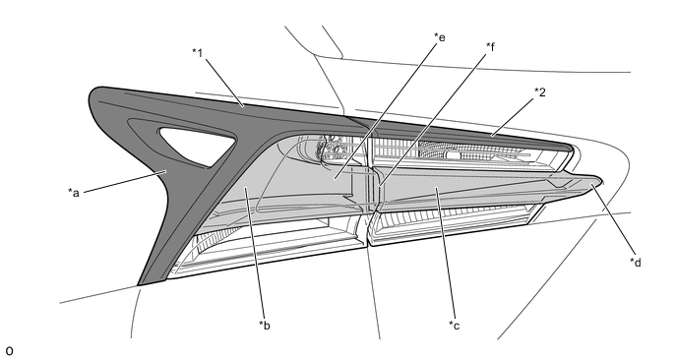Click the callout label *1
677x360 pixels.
[x=198, y=53]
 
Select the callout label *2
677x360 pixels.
[x=539, y=91]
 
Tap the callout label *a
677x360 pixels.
[x=74, y=192]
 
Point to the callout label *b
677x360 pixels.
[x=265, y=325]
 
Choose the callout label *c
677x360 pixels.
[x=455, y=325]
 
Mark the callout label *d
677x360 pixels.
[x=635, y=262]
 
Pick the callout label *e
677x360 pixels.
[x=440, y=37]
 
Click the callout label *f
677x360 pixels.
[x=490, y=46]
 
